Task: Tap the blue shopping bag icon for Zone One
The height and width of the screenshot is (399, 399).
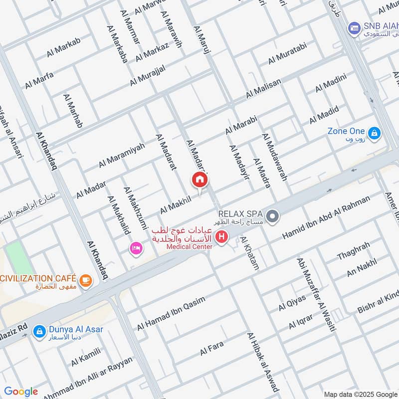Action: [x=374, y=133]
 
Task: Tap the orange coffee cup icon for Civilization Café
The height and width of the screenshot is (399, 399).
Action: [x=86, y=281]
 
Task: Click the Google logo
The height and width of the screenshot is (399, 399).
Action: [x=21, y=391]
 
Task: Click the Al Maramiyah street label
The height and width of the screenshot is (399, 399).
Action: [x=122, y=155]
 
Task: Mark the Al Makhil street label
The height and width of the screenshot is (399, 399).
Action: [x=176, y=204]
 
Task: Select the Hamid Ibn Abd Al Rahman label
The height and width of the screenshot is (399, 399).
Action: [x=326, y=217]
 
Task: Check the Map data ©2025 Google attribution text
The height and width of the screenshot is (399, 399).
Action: [x=359, y=393]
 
